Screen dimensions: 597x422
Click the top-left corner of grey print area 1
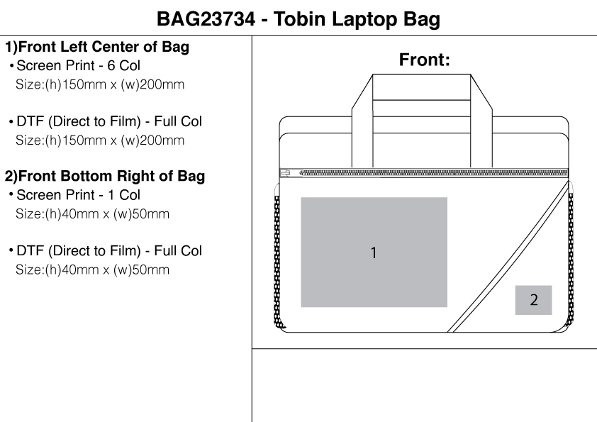coord(301,197)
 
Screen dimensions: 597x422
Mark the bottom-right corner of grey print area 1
coord(447,307)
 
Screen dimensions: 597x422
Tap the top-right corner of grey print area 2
coord(552,286)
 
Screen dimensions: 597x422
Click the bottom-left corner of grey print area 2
coord(515,315)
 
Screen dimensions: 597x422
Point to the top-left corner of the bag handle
coord(372,74)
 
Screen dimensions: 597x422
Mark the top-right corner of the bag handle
coord(471,74)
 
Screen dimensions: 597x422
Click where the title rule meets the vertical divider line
coord(252,35)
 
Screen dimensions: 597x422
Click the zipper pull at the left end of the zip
coord(286,174)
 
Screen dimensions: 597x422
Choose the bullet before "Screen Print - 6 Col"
coord(11,66)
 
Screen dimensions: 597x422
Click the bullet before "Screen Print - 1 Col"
coord(11,195)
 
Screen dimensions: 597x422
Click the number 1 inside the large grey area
coord(374,252)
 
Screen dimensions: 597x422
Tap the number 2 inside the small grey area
coord(534,300)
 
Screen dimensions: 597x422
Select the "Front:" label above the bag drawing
coord(425,60)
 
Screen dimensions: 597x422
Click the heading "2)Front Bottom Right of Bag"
coord(105,176)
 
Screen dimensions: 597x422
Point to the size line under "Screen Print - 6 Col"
coord(100,84)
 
